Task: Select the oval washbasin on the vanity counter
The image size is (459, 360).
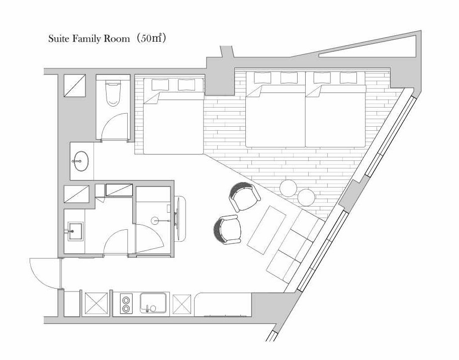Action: click(81, 161)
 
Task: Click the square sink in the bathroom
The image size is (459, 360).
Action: click(75, 231)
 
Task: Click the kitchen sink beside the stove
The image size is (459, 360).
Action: click(153, 303)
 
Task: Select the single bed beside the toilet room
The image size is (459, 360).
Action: click(173, 116)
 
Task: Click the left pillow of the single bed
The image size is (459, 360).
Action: click(160, 84)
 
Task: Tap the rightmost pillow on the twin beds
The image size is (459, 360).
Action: click(348, 78)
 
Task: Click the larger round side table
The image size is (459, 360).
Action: click(288, 188)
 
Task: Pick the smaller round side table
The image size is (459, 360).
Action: click(306, 197)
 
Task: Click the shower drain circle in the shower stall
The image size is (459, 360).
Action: click(155, 221)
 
